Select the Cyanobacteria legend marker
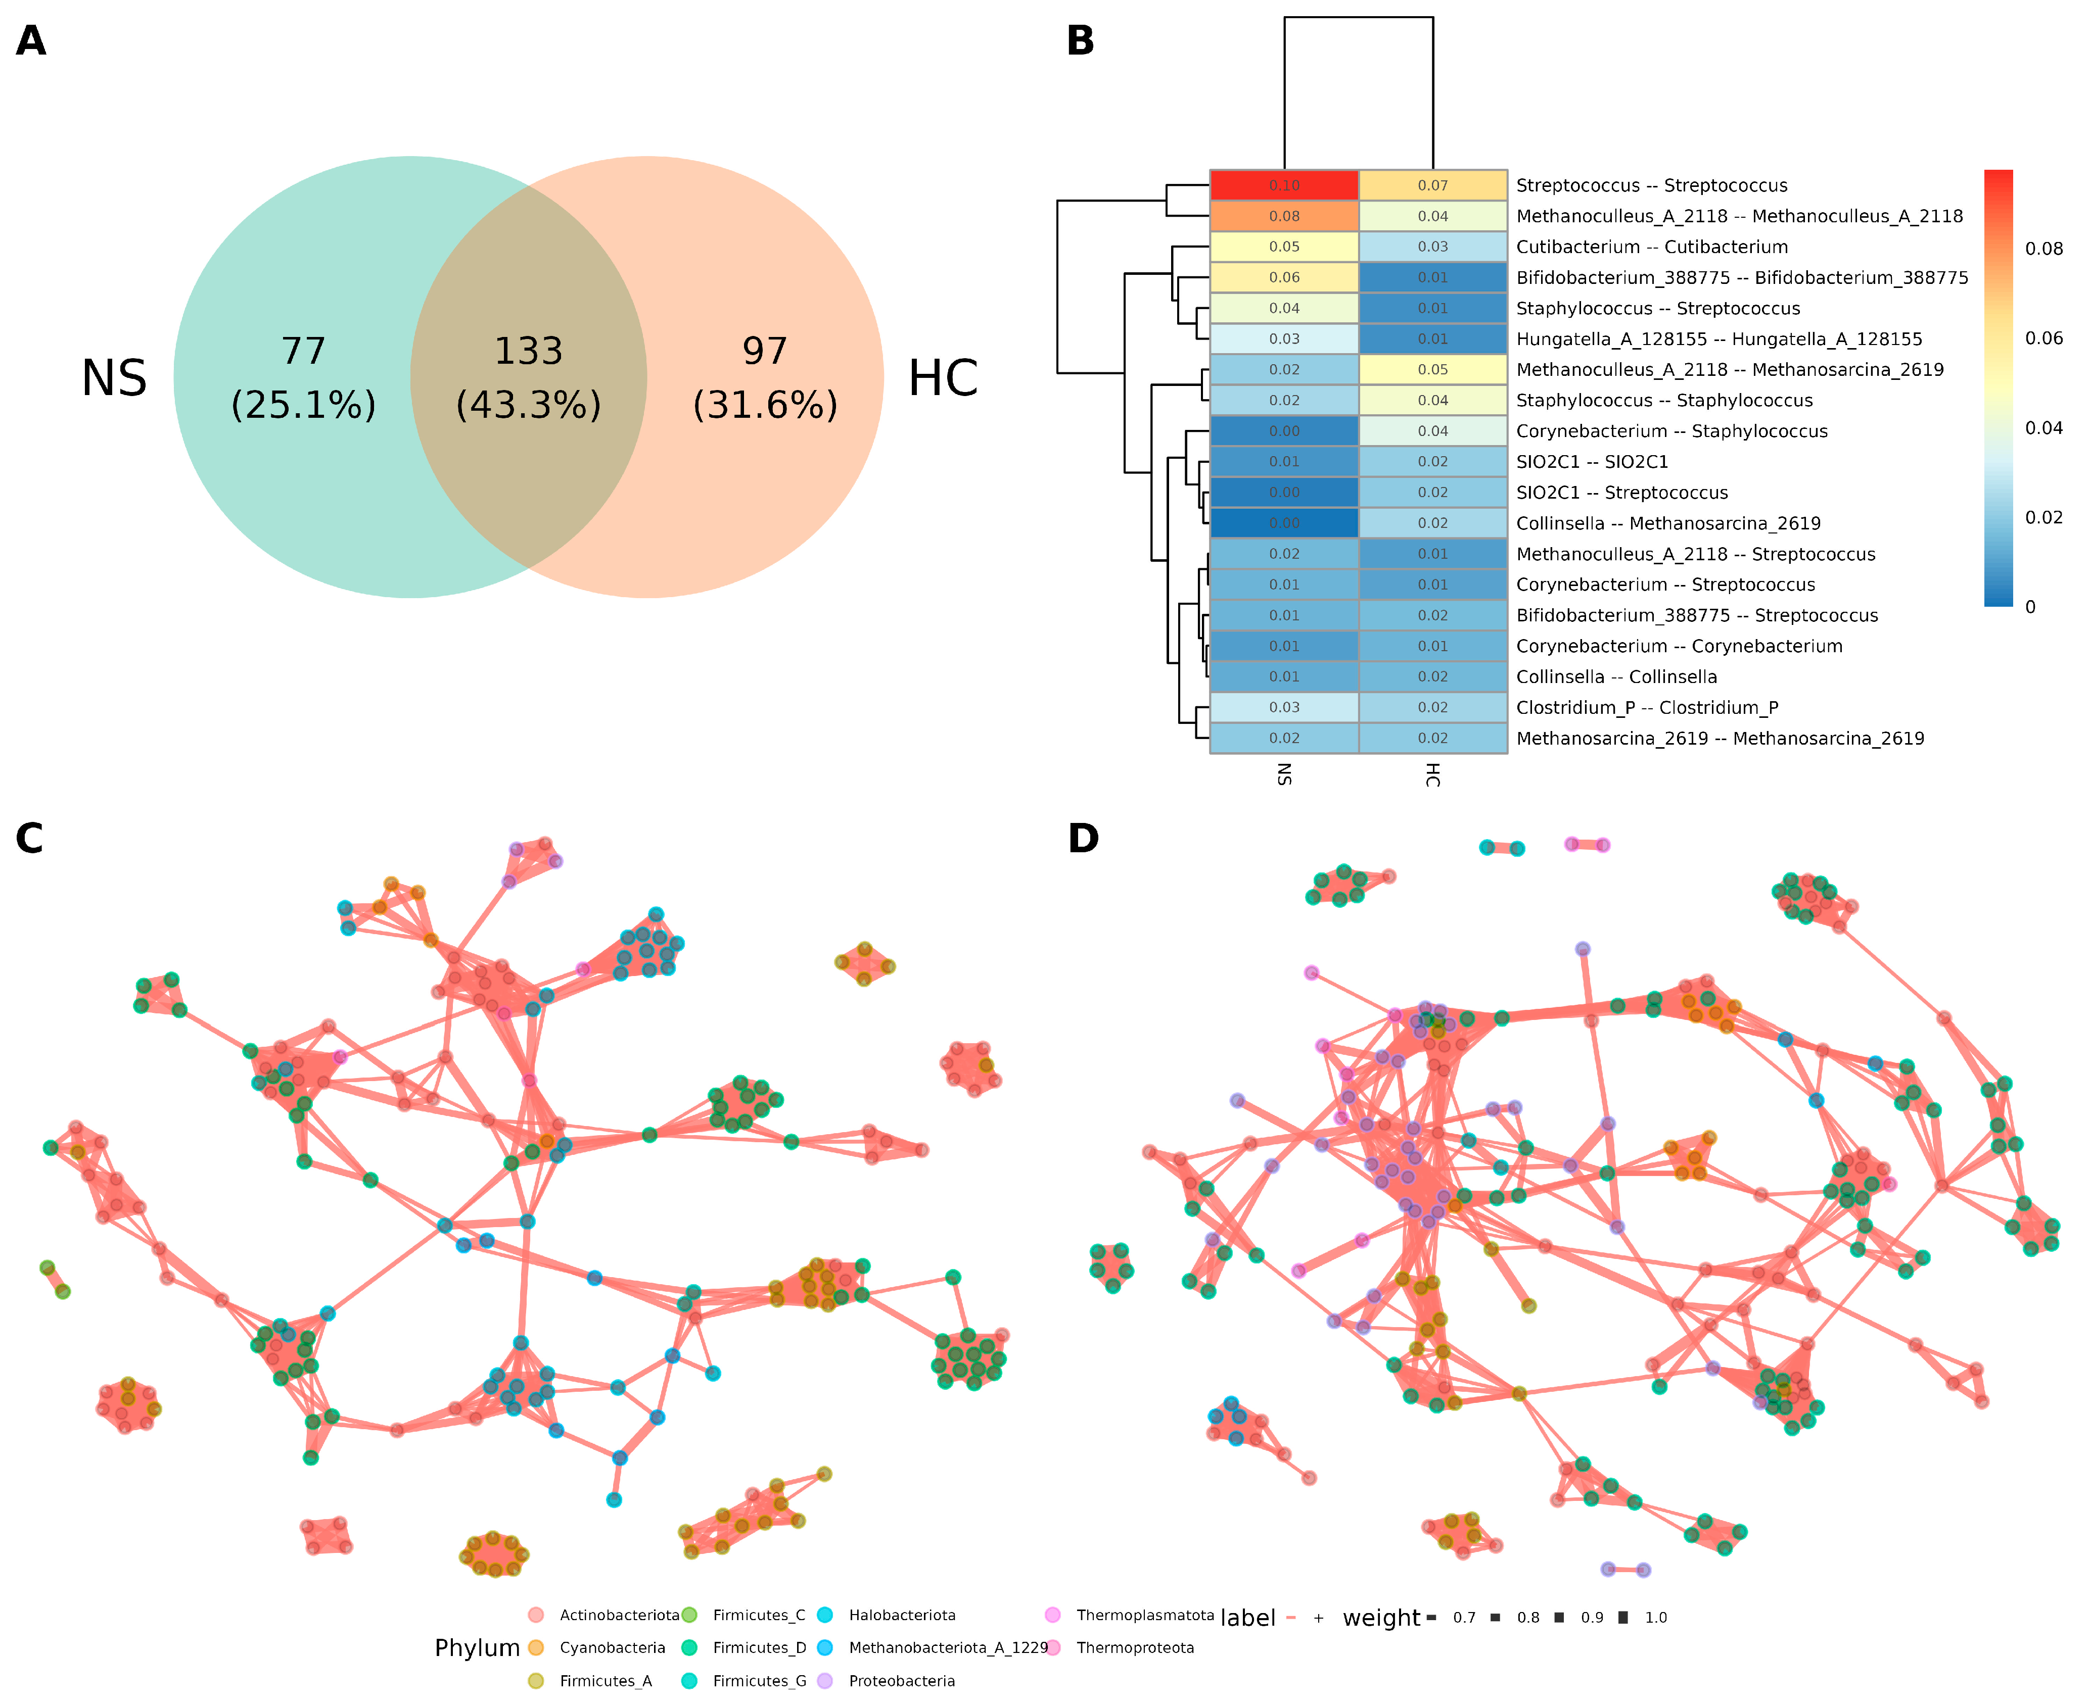click(536, 1647)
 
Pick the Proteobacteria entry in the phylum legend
click(901, 1680)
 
